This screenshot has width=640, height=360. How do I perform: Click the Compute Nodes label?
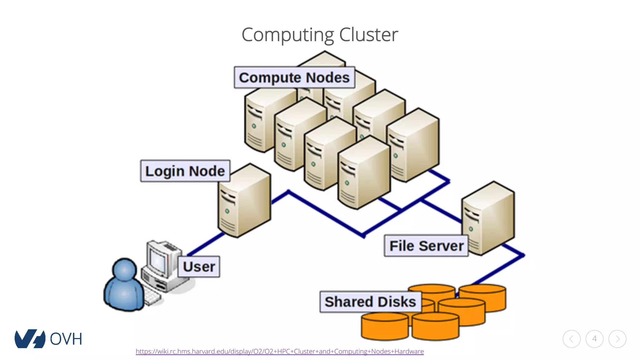294,77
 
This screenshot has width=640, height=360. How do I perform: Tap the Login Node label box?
185,171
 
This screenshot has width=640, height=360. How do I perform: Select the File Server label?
426,246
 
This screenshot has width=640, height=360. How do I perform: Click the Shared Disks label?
370,302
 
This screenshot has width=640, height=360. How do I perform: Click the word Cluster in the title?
368,34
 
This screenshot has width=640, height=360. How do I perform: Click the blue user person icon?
124,286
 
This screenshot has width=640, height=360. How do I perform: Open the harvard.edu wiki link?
280,351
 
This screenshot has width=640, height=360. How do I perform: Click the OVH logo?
48,338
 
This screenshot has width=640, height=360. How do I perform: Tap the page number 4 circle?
594,339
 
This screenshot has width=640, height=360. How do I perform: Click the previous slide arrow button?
572,339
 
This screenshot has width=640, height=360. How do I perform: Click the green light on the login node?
227,211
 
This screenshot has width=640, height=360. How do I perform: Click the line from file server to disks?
500,269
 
